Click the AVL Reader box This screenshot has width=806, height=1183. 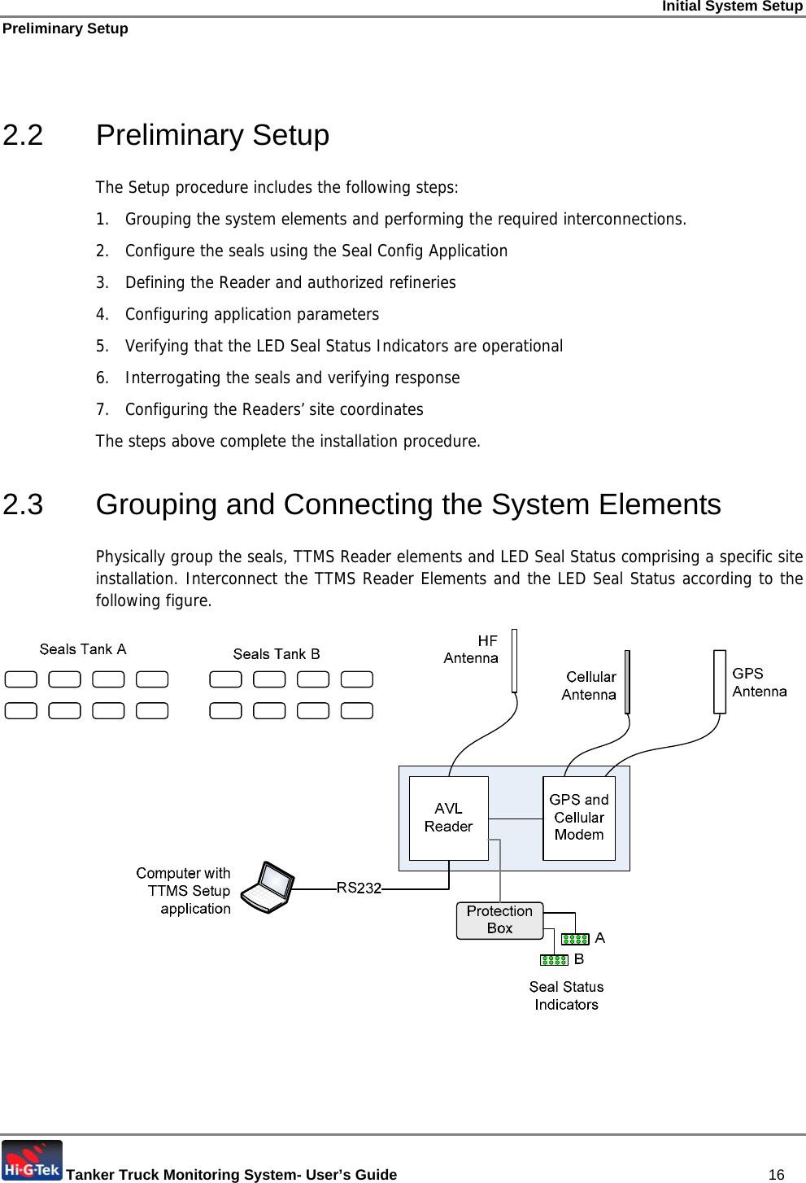448,818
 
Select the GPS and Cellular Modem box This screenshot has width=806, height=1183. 578,818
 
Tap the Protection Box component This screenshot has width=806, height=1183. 499,920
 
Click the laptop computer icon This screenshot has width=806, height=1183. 268,888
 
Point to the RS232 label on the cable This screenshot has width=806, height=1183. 359,888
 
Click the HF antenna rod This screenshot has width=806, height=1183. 514,660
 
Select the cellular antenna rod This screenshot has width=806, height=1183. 627,682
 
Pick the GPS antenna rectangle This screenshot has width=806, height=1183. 720,682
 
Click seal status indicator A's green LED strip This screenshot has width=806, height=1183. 575,939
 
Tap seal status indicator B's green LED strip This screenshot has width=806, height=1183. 554,960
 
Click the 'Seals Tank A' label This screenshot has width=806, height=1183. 83,649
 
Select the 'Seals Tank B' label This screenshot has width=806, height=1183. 277,654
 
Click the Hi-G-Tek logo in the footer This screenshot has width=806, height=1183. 32,1161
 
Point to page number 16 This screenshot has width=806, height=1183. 776,1174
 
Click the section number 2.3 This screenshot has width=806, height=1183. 23,504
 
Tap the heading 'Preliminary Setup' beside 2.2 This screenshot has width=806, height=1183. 212,135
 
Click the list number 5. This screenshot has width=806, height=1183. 102,346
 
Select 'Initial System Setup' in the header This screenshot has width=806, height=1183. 732,7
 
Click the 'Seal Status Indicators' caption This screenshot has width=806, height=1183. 566,996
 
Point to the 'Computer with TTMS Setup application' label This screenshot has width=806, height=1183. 185,891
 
